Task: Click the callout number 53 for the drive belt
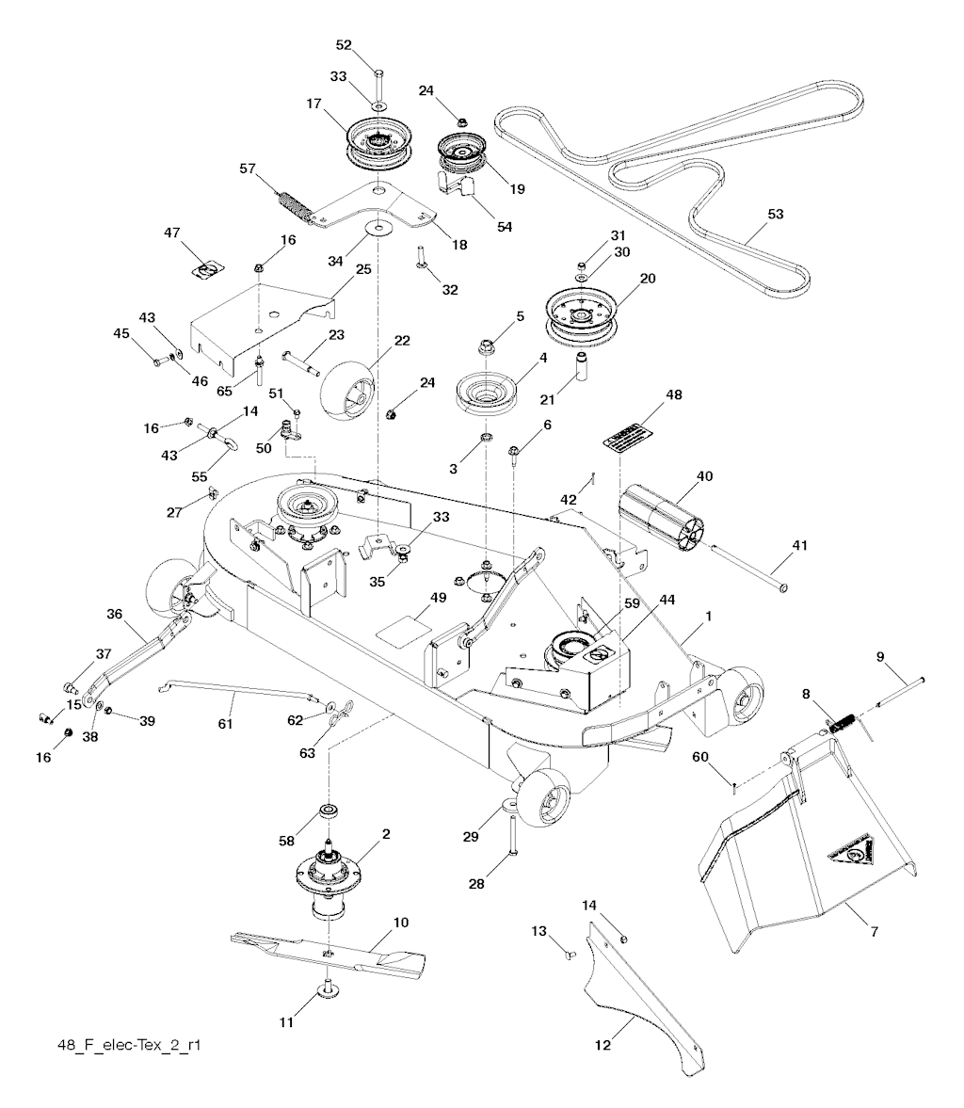click(775, 215)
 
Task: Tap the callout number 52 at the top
click(343, 45)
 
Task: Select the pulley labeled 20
click(585, 314)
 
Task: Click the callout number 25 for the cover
click(362, 269)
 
